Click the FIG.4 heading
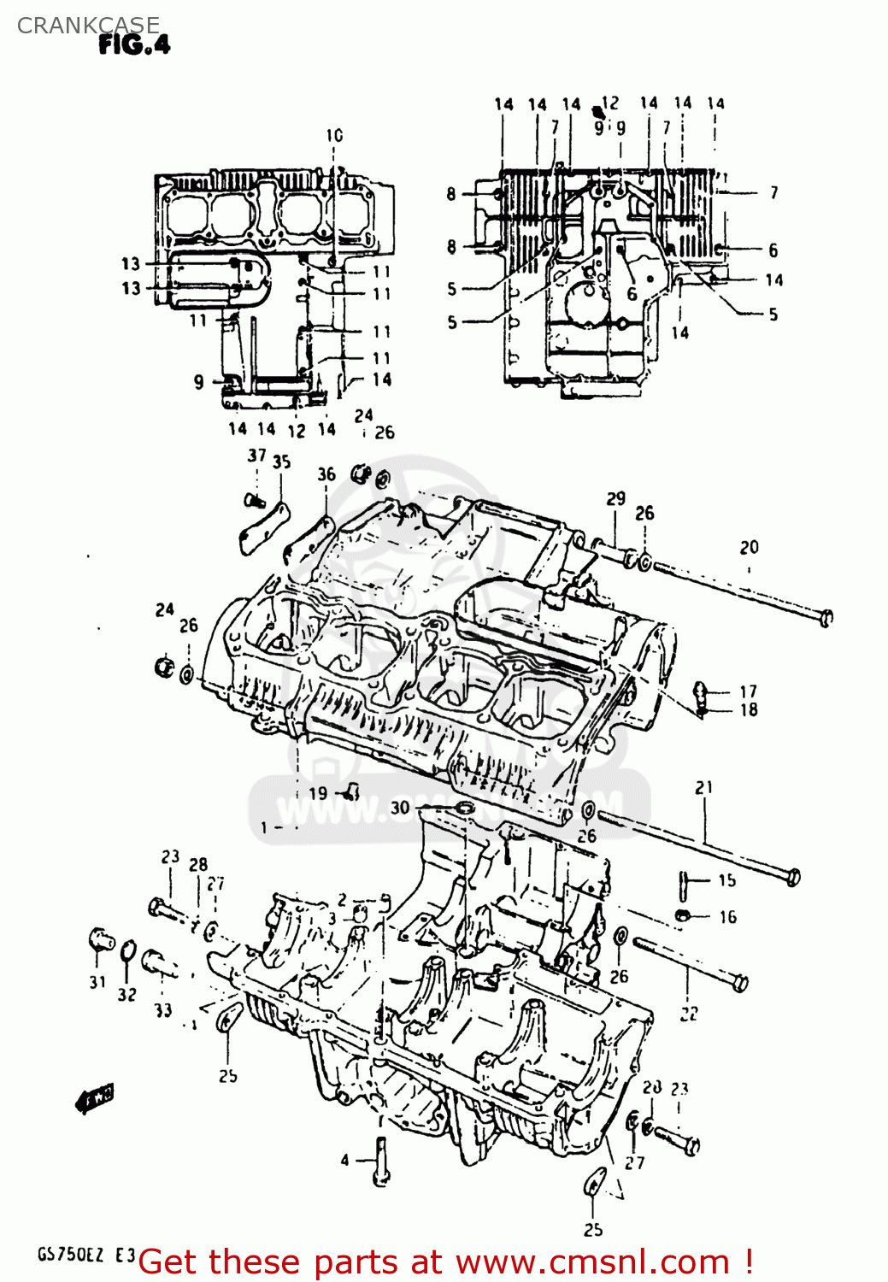[x=134, y=44]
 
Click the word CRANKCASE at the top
[x=88, y=25]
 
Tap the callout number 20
[x=749, y=547]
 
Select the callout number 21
[x=703, y=787]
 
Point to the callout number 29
[x=615, y=498]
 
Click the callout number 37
[x=256, y=456]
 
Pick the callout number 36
[x=326, y=474]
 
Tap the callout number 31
[x=97, y=982]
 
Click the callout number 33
[x=163, y=1010]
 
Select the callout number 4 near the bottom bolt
[x=344, y=1160]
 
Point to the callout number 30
[x=400, y=808]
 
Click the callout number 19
[x=318, y=793]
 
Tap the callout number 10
[x=334, y=135]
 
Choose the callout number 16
[x=727, y=917]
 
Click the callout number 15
[x=726, y=880]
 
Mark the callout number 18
[x=749, y=710]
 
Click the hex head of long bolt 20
[x=826, y=617]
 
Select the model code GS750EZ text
[x=70, y=1255]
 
